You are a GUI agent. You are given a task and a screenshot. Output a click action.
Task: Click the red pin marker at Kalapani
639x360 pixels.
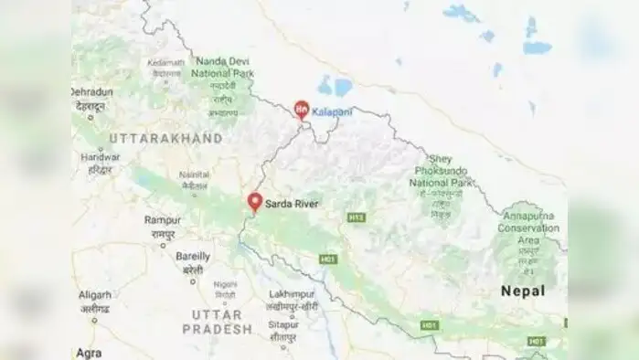[302, 110]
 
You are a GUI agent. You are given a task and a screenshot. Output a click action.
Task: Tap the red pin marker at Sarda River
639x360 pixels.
[255, 201]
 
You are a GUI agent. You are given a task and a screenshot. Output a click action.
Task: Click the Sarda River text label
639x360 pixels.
[292, 204]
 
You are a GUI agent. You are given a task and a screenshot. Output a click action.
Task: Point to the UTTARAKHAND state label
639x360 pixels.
[165, 138]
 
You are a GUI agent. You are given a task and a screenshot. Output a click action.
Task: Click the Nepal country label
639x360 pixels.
[523, 291]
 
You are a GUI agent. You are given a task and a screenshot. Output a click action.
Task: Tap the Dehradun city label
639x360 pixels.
[92, 92]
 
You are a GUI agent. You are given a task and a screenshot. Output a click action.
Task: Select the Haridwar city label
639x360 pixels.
[100, 157]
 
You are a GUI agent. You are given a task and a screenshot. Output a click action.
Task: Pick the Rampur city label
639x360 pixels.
[163, 219]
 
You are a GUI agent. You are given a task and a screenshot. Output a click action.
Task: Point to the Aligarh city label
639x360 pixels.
[94, 295]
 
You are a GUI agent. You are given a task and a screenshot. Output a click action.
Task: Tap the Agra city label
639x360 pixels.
[90, 352]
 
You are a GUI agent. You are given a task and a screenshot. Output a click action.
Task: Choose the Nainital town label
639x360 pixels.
[194, 174]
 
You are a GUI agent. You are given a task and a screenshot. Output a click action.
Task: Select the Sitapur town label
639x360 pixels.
[288, 323]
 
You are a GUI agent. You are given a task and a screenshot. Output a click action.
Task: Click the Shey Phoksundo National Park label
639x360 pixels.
[442, 170]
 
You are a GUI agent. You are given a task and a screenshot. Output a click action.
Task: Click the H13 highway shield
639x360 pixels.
[356, 217]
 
